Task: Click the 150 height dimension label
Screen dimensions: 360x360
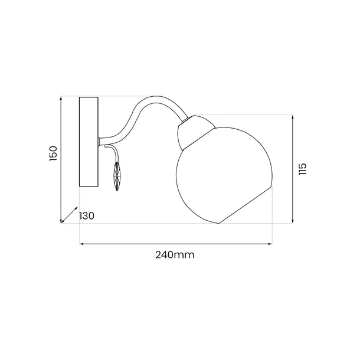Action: [53, 153]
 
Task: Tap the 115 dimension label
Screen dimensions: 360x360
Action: [303, 169]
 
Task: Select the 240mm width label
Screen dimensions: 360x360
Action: [175, 255]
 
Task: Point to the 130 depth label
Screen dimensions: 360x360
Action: [87, 216]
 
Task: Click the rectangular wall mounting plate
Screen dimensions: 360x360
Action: [89, 142]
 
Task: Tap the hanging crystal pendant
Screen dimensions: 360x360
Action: [117, 176]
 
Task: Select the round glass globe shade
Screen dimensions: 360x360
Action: [224, 175]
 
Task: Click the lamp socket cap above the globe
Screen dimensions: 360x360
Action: [195, 132]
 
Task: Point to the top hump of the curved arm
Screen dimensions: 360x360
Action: [156, 98]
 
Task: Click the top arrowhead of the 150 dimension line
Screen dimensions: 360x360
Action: [61, 98]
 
